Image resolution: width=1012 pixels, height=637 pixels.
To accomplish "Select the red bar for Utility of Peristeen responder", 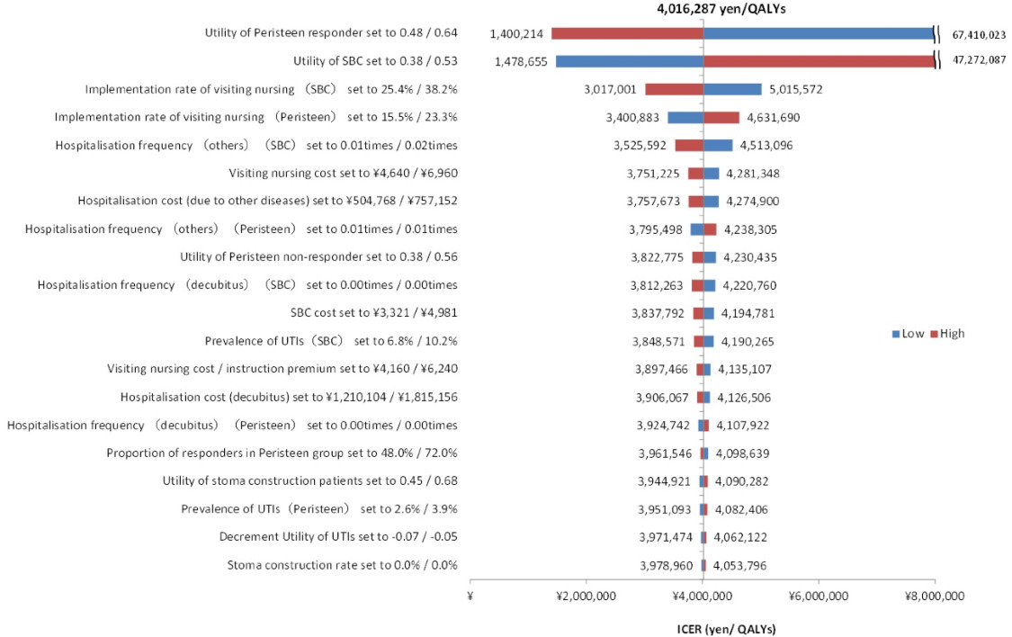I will [x=627, y=33].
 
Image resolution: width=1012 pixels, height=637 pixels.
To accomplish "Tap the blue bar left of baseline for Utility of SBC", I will [x=629, y=61].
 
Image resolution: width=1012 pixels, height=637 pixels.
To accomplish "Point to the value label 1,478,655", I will [x=518, y=62].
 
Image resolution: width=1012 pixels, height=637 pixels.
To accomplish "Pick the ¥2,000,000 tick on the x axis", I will [x=586, y=596].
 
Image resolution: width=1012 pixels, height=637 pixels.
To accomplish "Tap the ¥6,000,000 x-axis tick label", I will [x=818, y=596].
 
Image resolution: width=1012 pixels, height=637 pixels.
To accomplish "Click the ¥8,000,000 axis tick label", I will [x=934, y=596].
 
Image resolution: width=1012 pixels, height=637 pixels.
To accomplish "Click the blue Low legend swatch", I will [x=896, y=334].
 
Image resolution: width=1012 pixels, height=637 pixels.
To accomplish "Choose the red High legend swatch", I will [x=932, y=334].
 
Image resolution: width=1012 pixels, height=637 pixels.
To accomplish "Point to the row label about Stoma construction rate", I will [x=342, y=565].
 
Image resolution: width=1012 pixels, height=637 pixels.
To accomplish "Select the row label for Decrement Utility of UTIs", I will [x=338, y=537].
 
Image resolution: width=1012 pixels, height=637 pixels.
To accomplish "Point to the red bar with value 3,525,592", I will [x=689, y=146].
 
